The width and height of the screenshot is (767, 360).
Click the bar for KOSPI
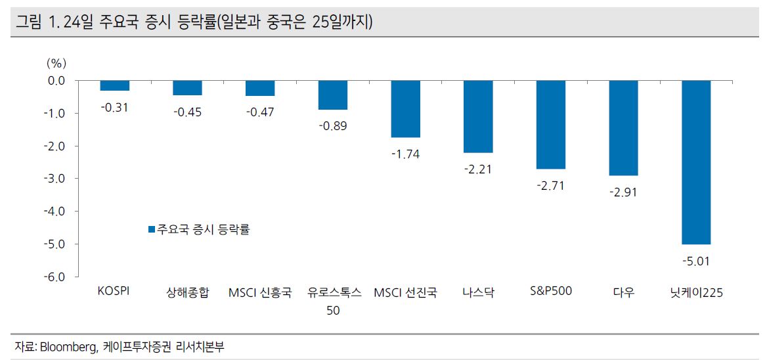click(x=114, y=85)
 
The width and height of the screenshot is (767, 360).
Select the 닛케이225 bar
click(x=696, y=162)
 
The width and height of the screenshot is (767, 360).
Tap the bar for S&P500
click(x=550, y=125)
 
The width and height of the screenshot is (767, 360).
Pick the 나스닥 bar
click(x=478, y=116)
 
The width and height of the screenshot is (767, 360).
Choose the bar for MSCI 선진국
click(x=405, y=109)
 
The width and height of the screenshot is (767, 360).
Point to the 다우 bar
click(x=623, y=128)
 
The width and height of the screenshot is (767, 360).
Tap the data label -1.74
click(x=405, y=154)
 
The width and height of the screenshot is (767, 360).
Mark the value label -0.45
click(x=187, y=112)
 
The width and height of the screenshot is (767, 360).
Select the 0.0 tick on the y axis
click(x=57, y=81)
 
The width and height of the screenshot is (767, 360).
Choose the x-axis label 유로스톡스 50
click(x=334, y=302)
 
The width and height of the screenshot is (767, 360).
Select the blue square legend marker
click(x=151, y=230)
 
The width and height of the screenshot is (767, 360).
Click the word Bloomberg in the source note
click(x=70, y=347)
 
